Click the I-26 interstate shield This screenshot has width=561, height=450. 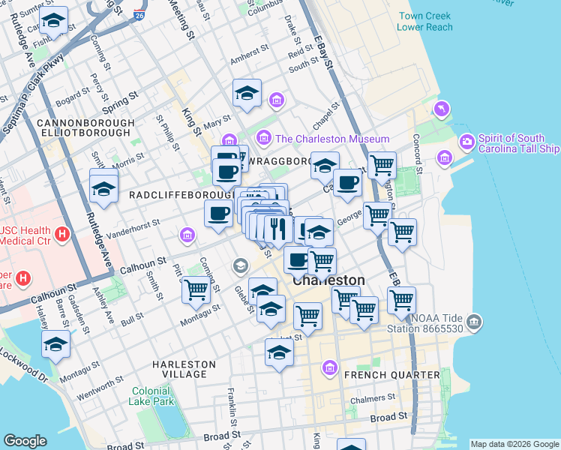(139, 15)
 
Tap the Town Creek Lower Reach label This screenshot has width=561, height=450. (425, 21)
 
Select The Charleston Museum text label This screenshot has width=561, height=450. (332, 139)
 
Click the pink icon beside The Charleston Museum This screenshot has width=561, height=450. (263, 138)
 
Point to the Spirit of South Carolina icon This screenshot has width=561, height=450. (467, 141)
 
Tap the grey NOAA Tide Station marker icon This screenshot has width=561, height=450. (474, 322)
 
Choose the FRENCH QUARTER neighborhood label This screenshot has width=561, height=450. (391, 374)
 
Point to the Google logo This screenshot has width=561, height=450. (25, 441)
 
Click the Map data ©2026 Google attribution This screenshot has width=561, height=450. (514, 444)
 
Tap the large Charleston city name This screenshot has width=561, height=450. (328, 280)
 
